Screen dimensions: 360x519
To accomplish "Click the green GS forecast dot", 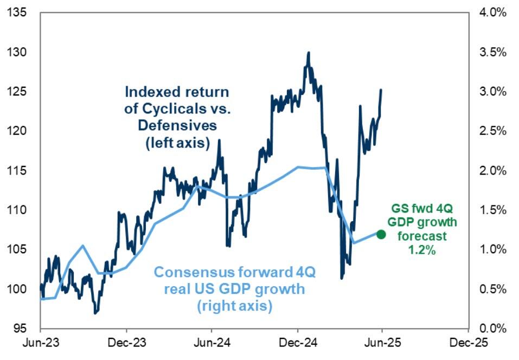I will tap(381, 234).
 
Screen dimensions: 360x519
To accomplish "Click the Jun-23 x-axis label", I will tap(40, 344).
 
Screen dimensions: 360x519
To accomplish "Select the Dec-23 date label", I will tap(126, 344).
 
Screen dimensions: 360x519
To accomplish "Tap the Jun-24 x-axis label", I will tap(211, 344).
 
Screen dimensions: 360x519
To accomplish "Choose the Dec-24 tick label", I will tap(297, 344).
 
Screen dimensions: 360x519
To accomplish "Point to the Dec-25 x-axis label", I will tap(467, 344).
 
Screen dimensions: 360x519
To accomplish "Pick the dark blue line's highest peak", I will tap(309, 53).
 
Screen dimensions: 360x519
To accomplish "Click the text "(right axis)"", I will tap(234, 306).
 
